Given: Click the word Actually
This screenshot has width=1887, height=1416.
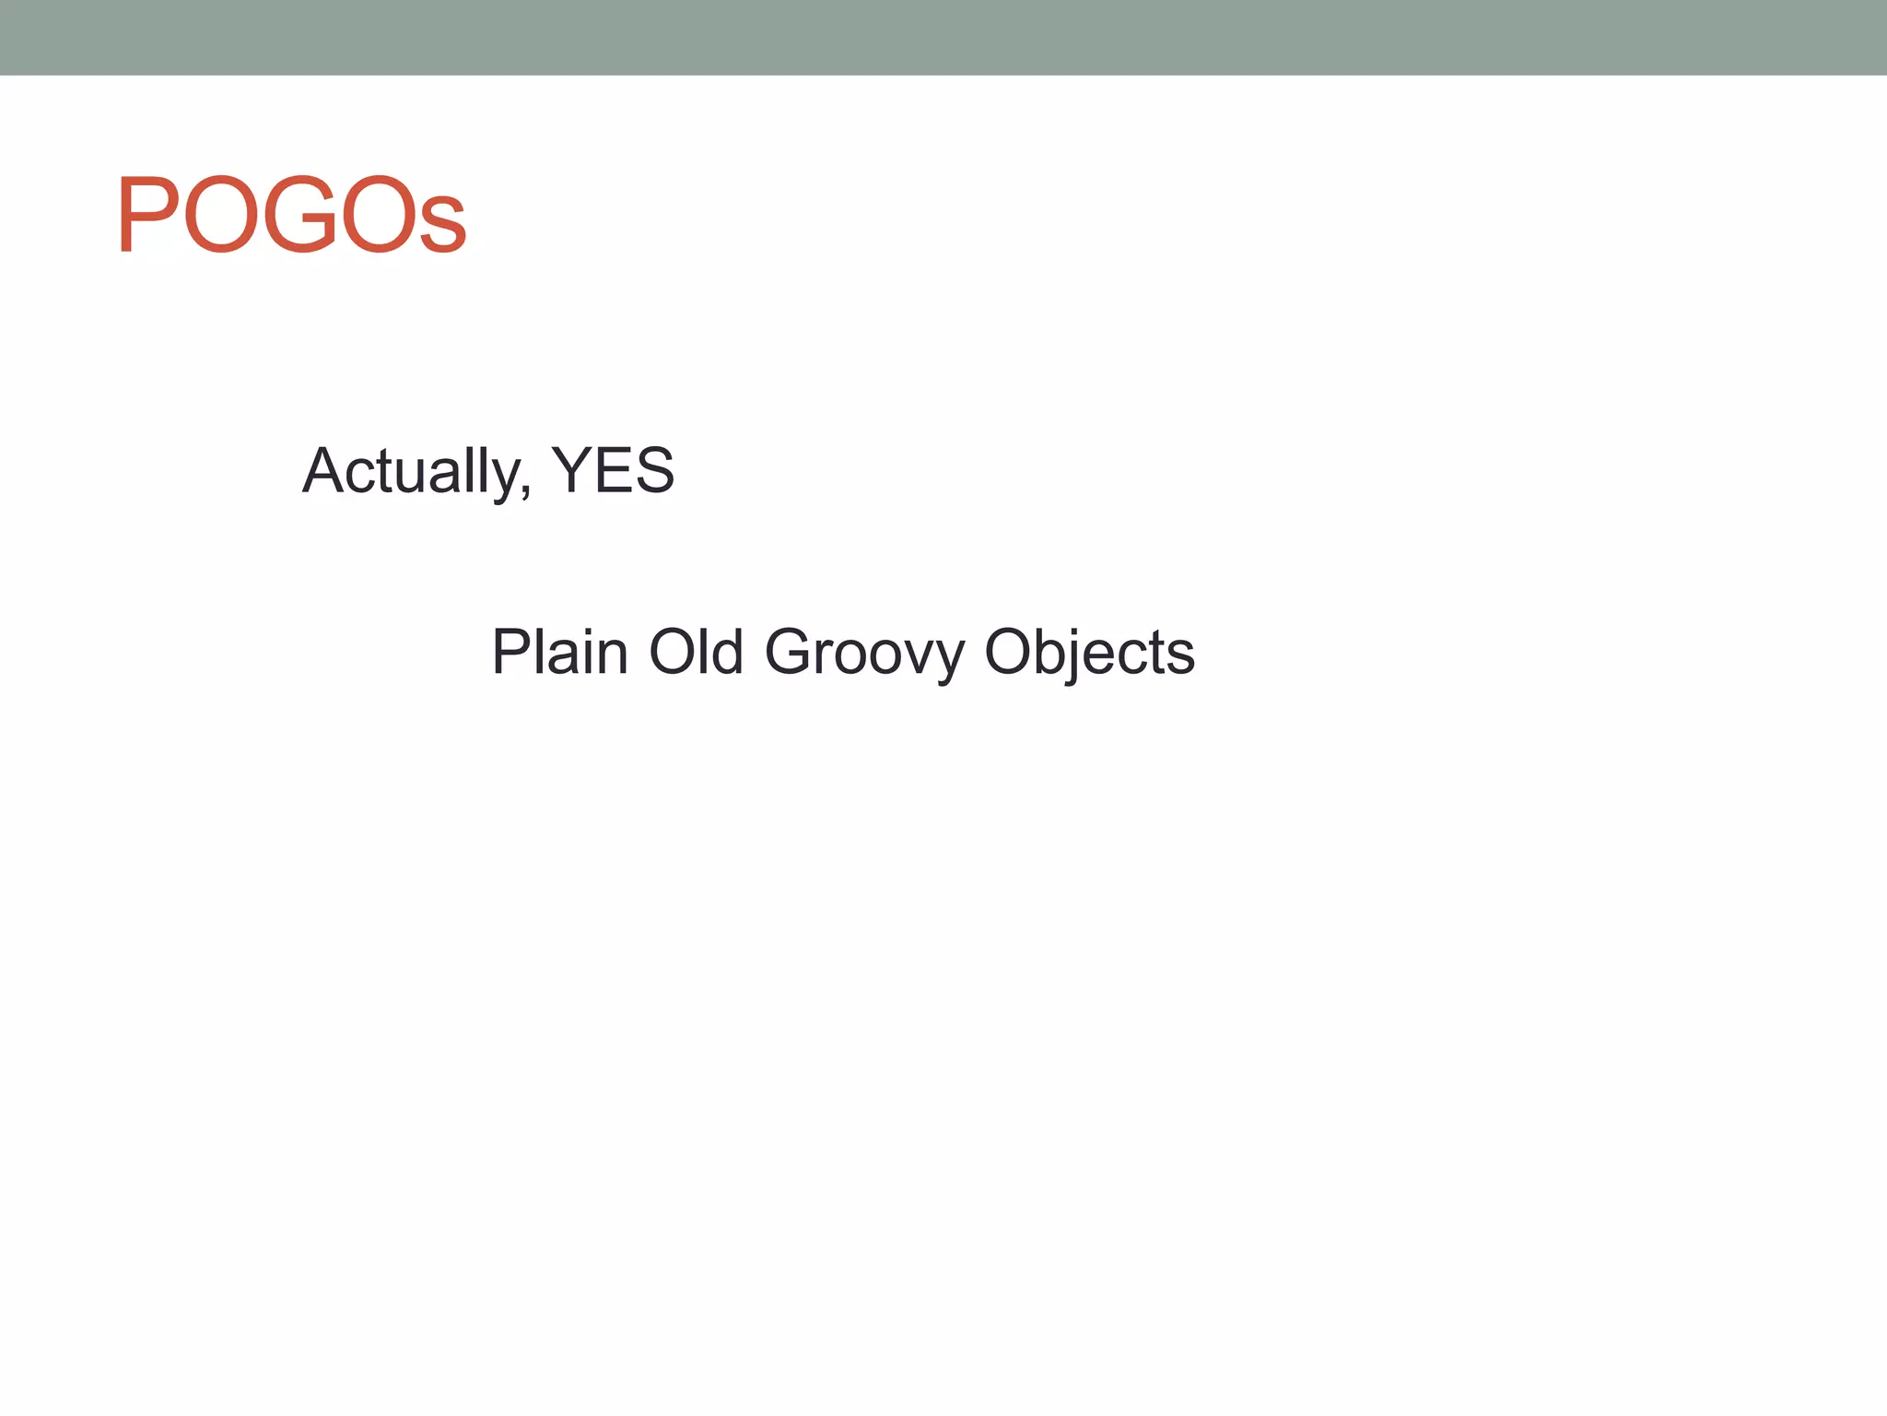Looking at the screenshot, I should (x=412, y=471).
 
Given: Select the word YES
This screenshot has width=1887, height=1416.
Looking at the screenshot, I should (x=613, y=471).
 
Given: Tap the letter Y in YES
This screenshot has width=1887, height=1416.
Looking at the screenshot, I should (x=570, y=471).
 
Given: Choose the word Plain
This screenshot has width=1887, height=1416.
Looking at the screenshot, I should (x=559, y=652).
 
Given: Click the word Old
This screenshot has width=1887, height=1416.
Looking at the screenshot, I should (x=697, y=652).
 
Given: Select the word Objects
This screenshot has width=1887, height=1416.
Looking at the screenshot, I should (x=1089, y=653).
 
